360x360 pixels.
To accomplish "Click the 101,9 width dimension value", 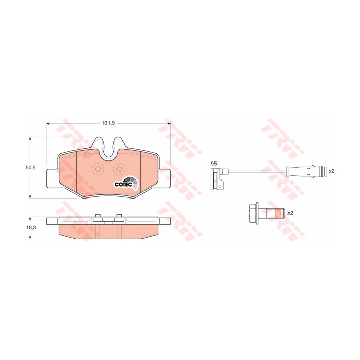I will coord(107,123).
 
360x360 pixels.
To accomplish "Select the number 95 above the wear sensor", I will coord(213,164).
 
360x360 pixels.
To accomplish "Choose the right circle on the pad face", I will coord(119,169).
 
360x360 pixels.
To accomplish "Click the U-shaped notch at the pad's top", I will coord(109,149).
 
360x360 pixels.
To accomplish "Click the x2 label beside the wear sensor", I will coord(332,171).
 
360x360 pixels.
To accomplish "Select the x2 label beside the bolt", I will coord(290,212).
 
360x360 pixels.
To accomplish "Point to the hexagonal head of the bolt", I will coord(253,212).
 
